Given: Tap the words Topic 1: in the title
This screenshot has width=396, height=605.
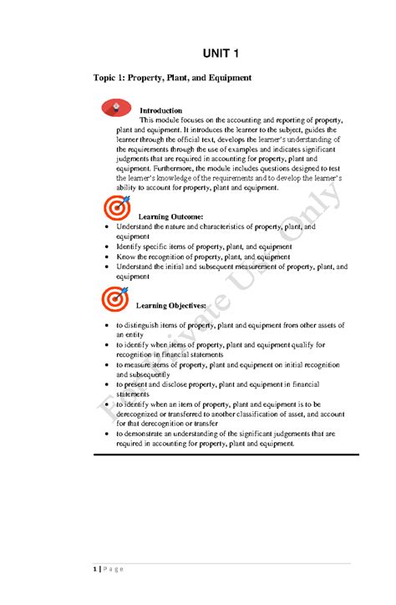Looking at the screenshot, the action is tap(112, 78).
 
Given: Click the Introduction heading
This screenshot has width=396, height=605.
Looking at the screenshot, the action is tap(160, 110).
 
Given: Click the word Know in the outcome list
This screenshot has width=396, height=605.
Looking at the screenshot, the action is tap(125, 257).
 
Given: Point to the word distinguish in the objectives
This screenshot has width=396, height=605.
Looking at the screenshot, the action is tap(147, 324).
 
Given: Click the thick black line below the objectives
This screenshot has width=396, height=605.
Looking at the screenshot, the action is tap(226, 455).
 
